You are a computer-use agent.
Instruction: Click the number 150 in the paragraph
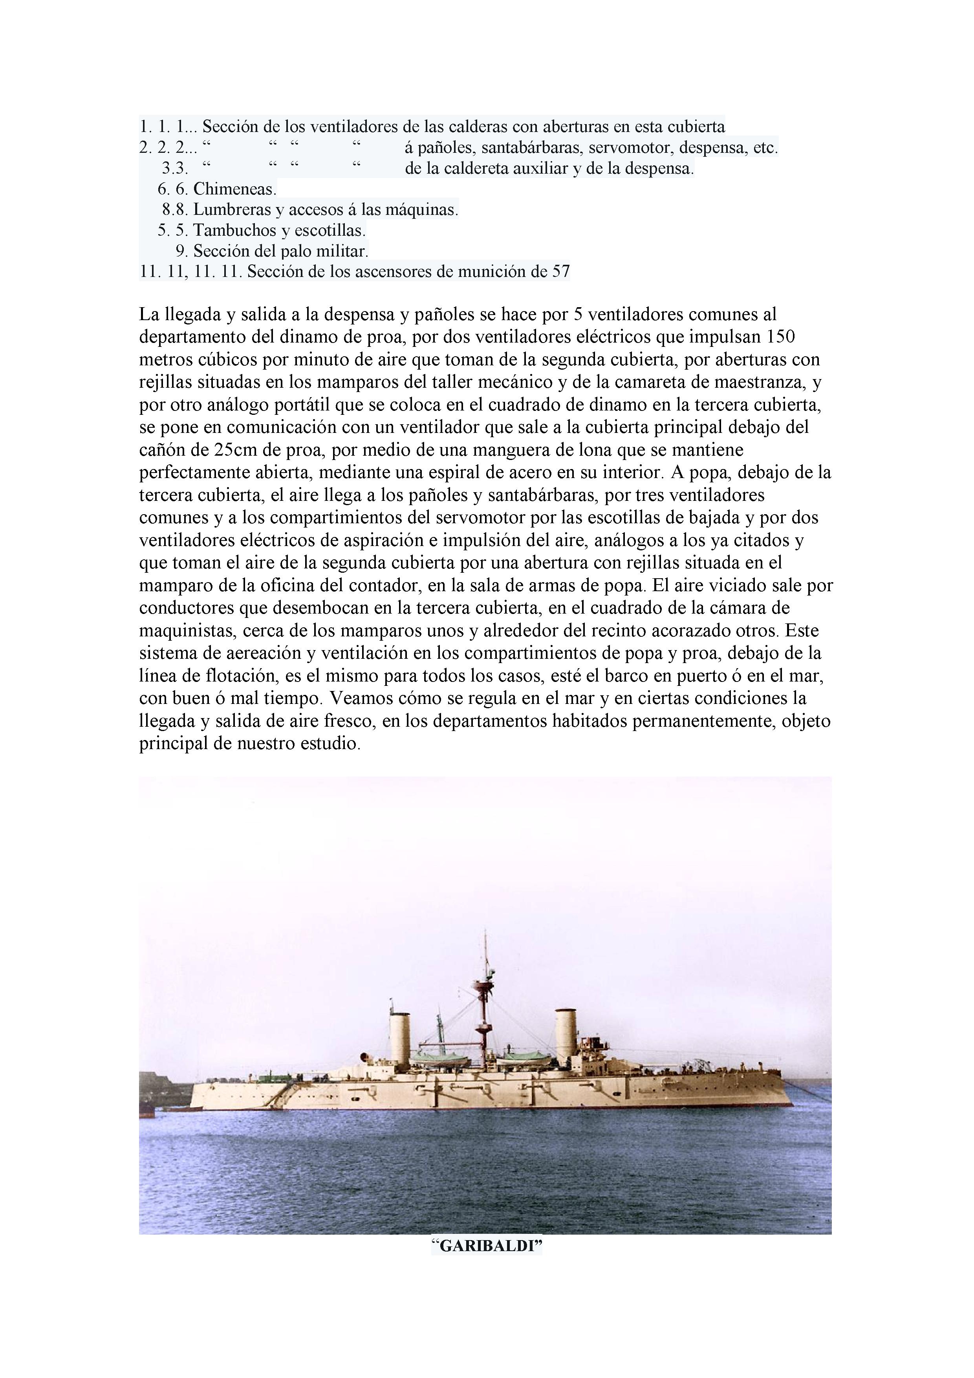coord(782,337)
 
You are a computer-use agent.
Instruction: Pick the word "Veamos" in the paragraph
coord(358,698)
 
